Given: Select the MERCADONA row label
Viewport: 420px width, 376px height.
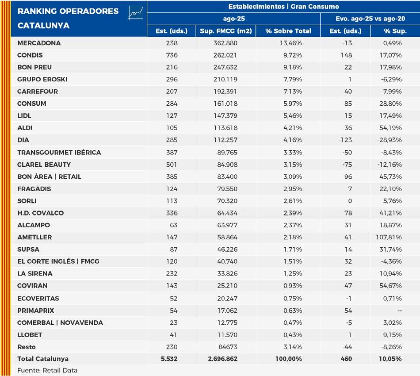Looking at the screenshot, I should click(39, 43).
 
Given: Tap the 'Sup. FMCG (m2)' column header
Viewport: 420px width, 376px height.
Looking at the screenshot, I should click(225, 31).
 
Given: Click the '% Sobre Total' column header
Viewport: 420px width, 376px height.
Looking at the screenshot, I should click(288, 31).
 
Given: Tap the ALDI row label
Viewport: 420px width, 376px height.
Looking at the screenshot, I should click(25, 128).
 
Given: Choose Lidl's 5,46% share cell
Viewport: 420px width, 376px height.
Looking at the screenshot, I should click(292, 116).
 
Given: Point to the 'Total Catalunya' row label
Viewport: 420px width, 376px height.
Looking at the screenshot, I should click(43, 359).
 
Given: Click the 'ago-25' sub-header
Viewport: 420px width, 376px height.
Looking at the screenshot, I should click(233, 19).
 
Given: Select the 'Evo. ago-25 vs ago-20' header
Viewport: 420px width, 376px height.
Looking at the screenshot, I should click(370, 19).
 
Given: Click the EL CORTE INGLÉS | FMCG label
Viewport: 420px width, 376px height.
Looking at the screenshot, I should click(58, 261).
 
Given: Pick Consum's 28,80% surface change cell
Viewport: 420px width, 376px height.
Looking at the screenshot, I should click(391, 104).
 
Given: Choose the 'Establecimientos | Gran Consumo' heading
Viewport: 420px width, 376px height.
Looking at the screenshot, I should click(283, 7).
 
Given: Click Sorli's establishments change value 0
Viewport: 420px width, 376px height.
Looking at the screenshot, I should click(350, 201).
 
